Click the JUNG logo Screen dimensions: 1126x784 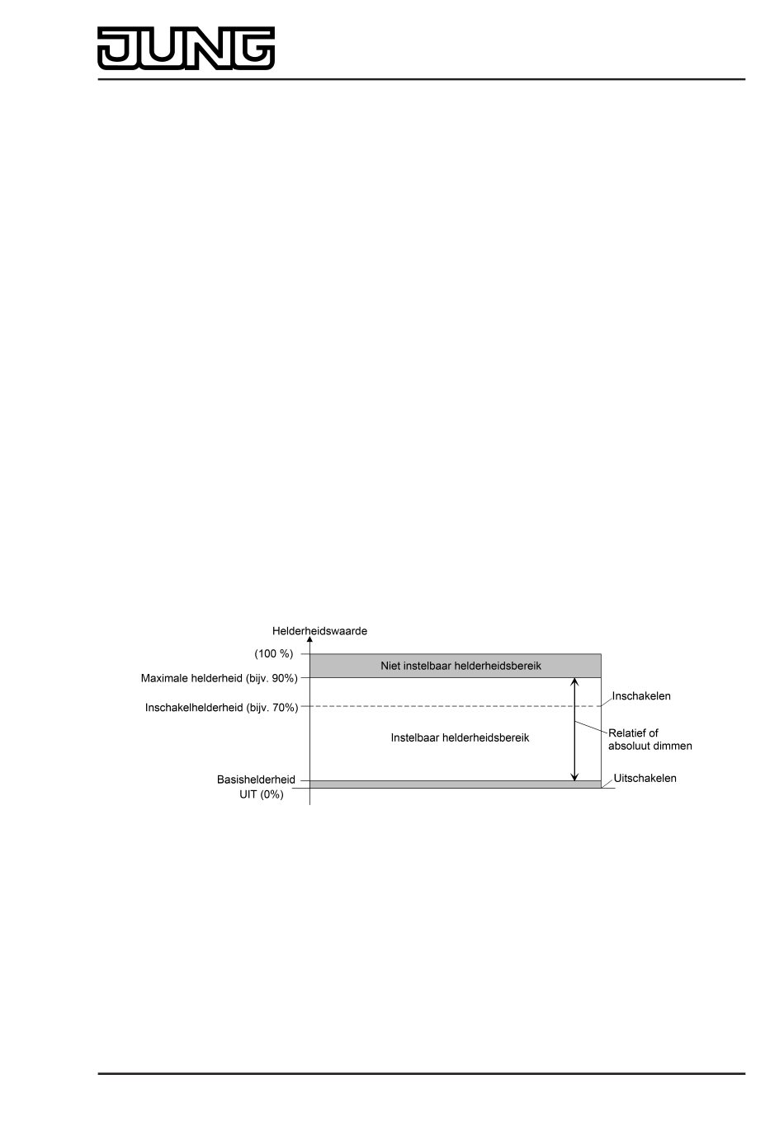coord(187,48)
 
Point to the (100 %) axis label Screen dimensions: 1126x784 coord(274,654)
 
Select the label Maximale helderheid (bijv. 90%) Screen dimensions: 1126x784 coord(219,679)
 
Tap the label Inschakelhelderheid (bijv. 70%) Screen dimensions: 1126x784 coord(221,708)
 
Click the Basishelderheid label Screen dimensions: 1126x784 coord(256,780)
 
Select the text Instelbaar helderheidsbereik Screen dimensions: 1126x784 coord(460,737)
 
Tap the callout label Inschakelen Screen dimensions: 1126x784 coord(641,696)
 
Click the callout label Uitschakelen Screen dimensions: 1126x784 coord(645,778)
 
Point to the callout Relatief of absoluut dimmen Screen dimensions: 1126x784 coord(650,739)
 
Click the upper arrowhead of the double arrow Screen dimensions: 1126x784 coord(575,681)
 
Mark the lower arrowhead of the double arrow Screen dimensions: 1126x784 coord(575,776)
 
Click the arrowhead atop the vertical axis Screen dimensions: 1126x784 coord(309,640)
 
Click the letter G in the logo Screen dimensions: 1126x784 coord(253,48)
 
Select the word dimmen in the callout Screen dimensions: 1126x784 coord(670,746)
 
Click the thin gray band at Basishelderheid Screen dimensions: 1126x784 coord(455,784)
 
